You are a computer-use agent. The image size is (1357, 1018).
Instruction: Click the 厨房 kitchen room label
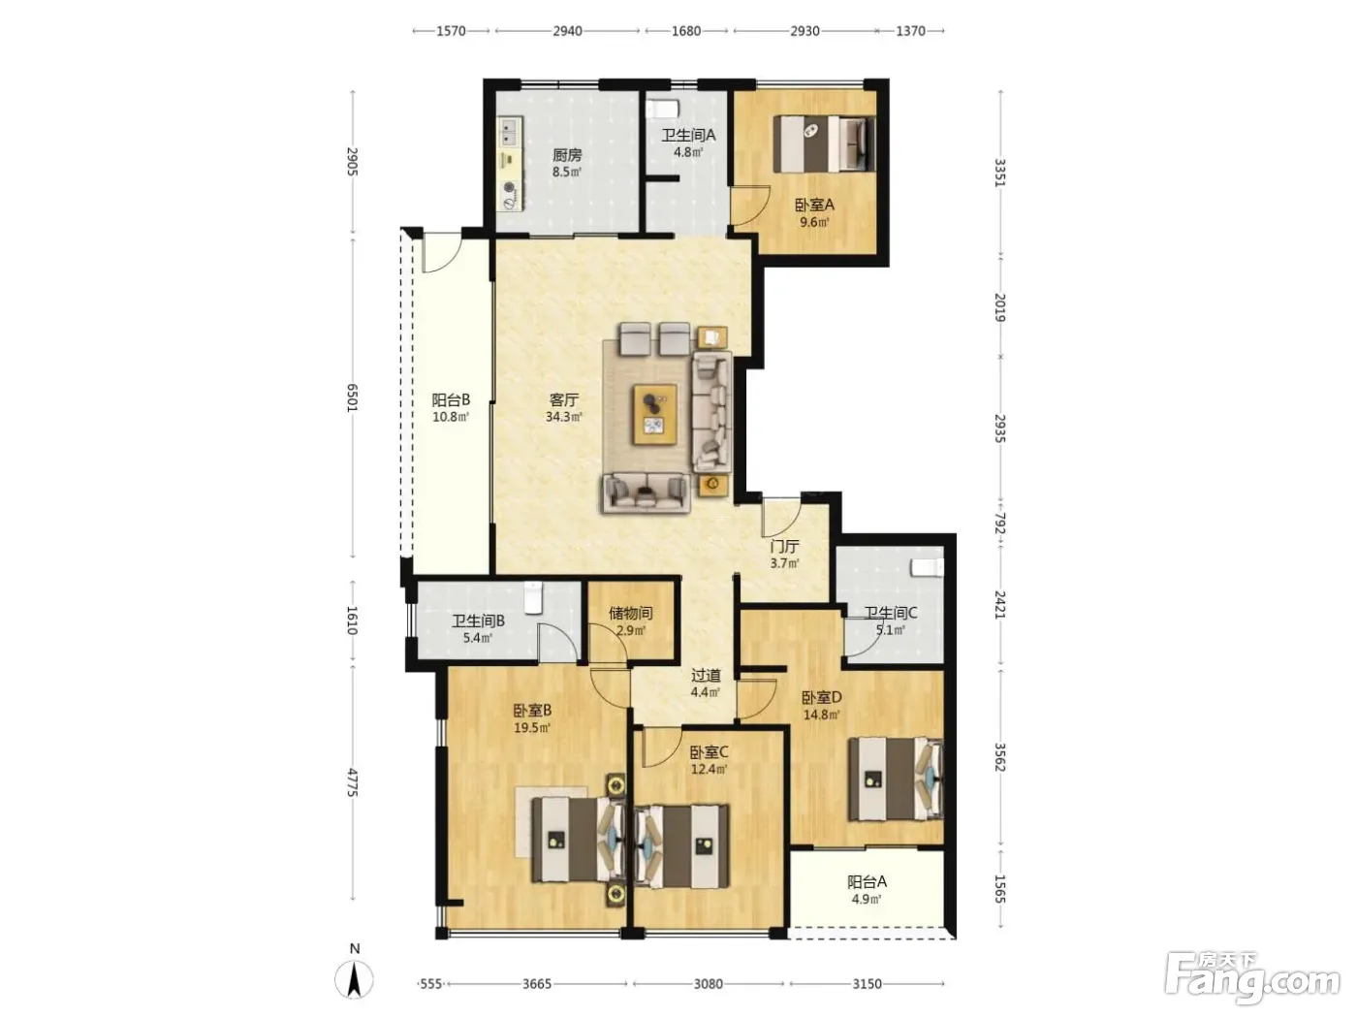point(566,154)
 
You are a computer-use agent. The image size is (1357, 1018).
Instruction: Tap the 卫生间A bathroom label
point(687,136)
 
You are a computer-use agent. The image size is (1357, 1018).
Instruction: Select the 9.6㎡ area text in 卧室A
point(813,222)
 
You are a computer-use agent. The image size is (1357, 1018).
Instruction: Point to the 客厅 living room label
point(563,399)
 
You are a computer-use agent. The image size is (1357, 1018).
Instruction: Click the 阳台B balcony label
point(451,399)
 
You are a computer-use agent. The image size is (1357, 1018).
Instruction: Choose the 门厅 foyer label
point(784,547)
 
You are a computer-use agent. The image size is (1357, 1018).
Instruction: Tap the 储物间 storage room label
point(630,613)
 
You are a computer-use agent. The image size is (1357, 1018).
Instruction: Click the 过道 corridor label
point(706,676)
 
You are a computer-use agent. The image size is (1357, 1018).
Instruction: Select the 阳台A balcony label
point(867,881)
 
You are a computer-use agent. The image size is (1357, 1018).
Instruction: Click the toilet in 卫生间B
point(533,597)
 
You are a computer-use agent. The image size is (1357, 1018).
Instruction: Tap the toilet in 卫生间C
point(928,567)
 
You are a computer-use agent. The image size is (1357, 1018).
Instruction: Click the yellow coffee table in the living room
point(654,414)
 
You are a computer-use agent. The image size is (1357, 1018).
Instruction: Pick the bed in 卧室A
point(825,144)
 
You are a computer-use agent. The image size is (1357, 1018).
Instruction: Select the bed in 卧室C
point(682,845)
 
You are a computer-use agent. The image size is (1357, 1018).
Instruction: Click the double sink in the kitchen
point(510,131)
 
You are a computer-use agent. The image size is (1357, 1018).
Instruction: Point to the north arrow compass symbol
point(354,978)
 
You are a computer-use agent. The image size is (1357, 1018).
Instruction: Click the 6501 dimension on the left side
point(352,398)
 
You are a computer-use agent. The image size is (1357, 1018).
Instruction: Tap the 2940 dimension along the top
point(567,31)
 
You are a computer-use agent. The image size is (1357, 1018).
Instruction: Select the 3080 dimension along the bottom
point(708,983)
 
